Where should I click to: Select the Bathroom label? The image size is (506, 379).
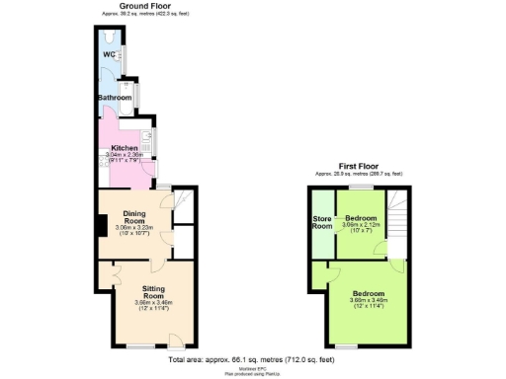coord(114,98)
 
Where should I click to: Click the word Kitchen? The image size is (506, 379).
coord(124,148)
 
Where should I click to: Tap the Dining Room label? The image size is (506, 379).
coord(135,217)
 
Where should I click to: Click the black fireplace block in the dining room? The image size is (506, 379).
coord(103,226)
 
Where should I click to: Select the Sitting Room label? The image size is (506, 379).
coord(152,292)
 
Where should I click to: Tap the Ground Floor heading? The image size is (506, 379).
coord(141,6)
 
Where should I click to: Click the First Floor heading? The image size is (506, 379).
coord(360,166)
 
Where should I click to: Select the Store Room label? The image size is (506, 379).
coord(321,222)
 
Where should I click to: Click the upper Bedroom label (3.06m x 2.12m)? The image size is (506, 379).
coord(361,217)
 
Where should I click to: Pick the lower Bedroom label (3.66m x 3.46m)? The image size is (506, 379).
coord(369,294)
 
